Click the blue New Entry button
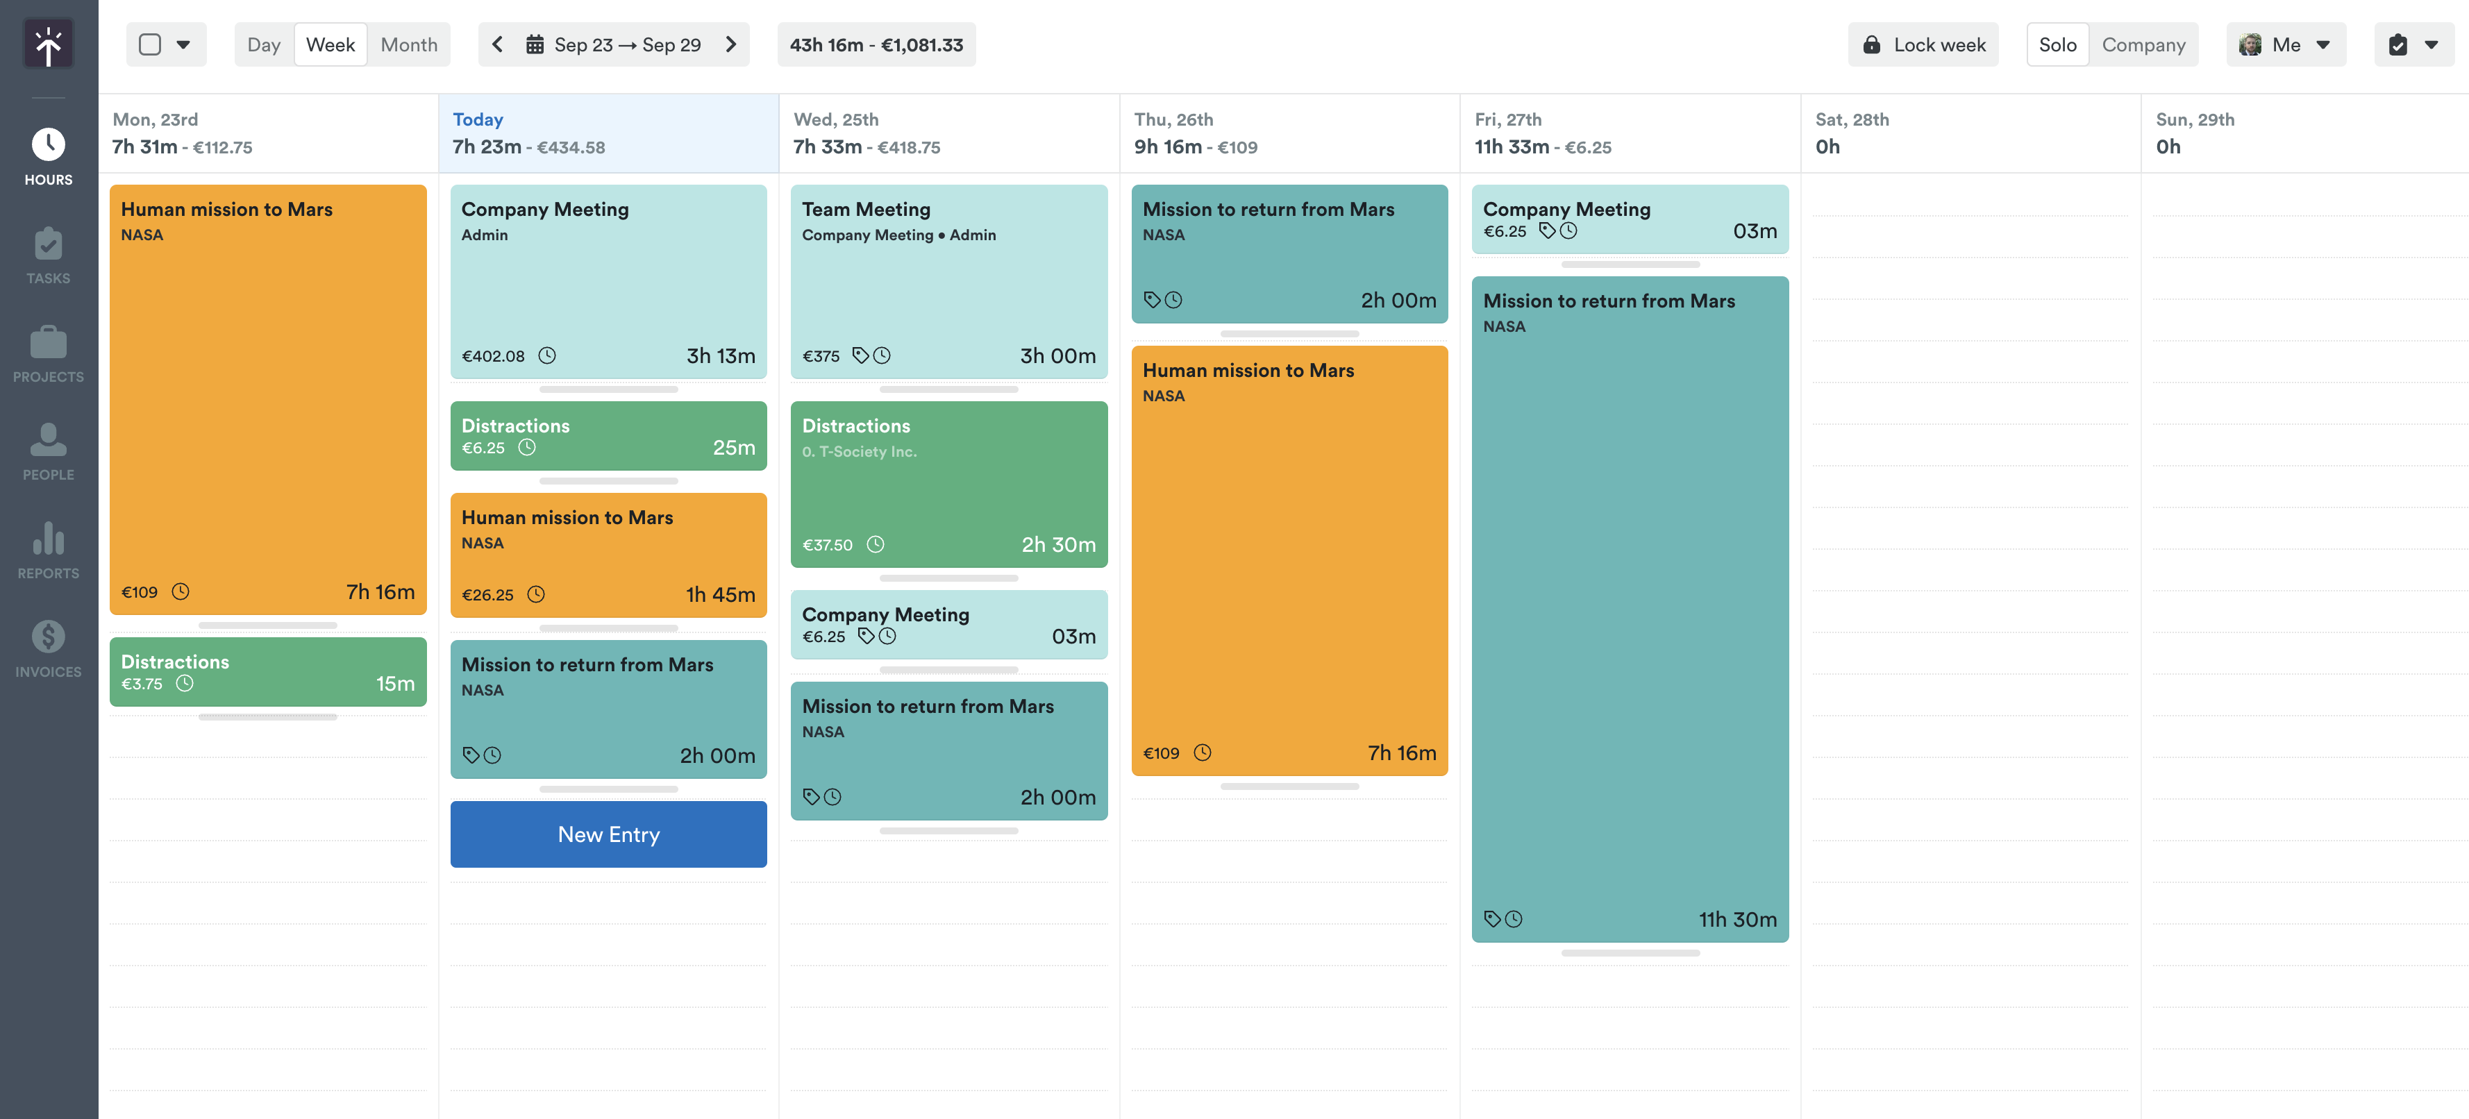[609, 834]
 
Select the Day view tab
[264, 45]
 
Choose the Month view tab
[408, 45]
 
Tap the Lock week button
[1924, 45]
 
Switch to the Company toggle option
[2143, 45]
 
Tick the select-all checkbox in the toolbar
[149, 45]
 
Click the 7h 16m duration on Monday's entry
[380, 592]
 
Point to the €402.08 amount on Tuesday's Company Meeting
[494, 356]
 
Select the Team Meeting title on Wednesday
[866, 209]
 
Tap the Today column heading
[477, 120]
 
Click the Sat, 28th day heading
[1852, 120]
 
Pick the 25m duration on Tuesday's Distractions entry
[733, 448]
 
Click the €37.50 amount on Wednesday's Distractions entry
[827, 545]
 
